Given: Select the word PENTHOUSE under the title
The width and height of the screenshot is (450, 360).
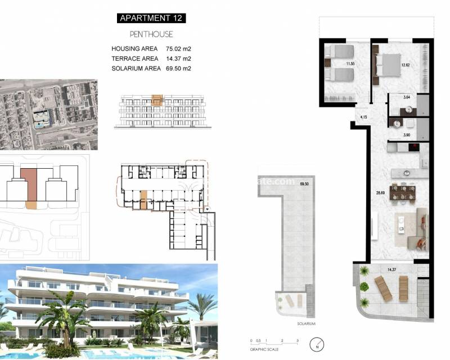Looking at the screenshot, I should (x=151, y=34).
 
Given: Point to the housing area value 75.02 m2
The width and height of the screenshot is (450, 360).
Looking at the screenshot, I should (x=178, y=49).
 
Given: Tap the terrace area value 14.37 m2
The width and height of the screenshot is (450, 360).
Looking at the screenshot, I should (x=178, y=58).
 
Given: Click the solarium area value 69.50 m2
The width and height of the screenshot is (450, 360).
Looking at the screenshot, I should (x=178, y=69).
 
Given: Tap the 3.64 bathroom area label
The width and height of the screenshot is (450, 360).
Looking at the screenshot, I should (x=407, y=98).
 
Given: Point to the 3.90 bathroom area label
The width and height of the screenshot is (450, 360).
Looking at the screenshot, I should (x=407, y=136).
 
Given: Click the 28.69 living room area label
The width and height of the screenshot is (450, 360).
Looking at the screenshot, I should (x=380, y=193).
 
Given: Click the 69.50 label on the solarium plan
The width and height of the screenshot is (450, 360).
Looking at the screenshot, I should (x=305, y=184).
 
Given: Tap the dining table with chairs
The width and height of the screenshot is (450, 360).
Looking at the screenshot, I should (x=402, y=192).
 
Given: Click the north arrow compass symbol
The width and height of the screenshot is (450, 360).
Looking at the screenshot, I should (x=319, y=343).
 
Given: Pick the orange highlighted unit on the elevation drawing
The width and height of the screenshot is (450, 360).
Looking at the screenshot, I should (x=157, y=100).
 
